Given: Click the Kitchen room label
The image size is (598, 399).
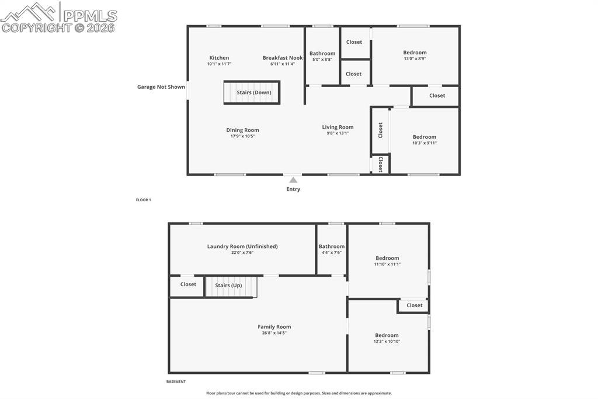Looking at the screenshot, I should tap(219, 58).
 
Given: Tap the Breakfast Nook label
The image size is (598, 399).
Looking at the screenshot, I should tap(283, 58).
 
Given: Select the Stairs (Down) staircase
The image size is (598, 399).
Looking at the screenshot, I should tap(252, 92).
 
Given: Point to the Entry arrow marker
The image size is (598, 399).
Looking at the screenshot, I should tap(293, 180).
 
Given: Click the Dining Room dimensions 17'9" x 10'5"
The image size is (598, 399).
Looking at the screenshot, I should tap(242, 136).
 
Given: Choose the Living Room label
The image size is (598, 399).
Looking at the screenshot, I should tap(338, 127).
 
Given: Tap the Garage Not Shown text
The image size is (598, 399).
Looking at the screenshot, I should tap(161, 87).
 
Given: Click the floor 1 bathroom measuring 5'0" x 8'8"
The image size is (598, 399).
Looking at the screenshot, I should tap(322, 56).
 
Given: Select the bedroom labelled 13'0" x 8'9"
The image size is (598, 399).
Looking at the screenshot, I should tap(415, 55).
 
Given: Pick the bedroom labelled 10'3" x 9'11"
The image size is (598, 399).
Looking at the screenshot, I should tap(424, 140).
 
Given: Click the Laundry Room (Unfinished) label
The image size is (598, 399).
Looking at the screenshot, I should tap(242, 246).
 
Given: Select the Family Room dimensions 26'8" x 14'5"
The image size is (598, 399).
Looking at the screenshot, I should tap(274, 333).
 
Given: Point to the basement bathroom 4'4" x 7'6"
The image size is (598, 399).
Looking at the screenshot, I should tap(331, 249).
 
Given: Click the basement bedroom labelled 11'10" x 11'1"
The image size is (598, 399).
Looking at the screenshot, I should tap(387, 261).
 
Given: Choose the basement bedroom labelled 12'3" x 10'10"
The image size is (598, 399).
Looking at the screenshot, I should tap(387, 338).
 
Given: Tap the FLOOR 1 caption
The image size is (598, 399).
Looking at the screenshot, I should tap(144, 200).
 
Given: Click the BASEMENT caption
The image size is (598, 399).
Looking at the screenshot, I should tap(176, 381).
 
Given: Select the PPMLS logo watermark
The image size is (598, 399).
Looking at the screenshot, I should tap(59, 18).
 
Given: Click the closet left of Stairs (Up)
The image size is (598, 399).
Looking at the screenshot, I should tap(188, 284).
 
